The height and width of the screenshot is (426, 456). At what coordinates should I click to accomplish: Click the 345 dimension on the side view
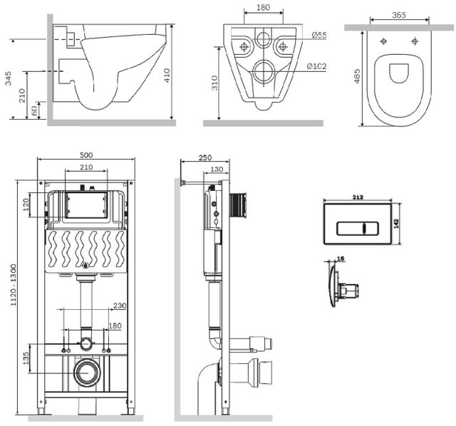point(7,79)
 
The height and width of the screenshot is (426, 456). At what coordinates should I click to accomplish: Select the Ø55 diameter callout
point(318,35)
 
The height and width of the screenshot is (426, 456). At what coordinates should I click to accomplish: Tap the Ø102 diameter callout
point(318,66)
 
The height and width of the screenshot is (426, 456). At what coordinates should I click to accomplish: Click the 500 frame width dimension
point(85,155)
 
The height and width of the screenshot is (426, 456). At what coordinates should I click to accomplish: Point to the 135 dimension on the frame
point(26,357)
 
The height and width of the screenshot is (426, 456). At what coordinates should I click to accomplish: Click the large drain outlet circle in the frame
point(87,373)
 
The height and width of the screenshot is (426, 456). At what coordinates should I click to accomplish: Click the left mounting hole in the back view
point(244,48)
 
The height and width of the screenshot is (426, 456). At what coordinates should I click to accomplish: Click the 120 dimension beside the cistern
point(26,206)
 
